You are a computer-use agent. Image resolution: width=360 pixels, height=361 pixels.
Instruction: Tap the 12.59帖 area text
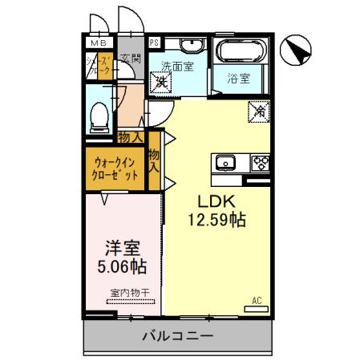coord(216,218)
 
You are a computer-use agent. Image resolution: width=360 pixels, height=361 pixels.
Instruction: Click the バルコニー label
coord(178,335)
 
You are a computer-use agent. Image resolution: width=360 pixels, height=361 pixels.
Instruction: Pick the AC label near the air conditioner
coord(257,301)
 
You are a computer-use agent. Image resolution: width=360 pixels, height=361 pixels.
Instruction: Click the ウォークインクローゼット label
coord(115,168)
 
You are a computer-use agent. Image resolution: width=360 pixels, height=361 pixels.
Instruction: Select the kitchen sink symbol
coord(225,160)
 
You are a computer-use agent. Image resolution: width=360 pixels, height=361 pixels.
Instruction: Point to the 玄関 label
coord(131,59)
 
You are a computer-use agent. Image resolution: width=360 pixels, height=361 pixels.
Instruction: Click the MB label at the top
coord(97,43)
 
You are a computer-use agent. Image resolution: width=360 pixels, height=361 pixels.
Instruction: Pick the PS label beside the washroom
coord(154,43)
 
